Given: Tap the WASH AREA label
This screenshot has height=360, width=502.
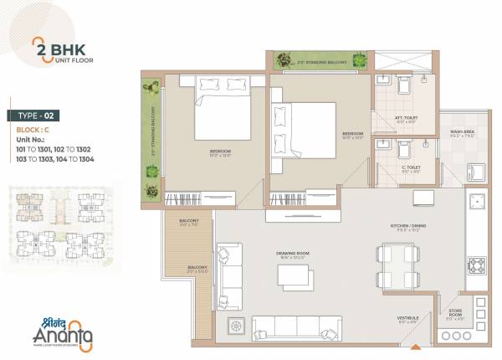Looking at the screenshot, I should point(462,134).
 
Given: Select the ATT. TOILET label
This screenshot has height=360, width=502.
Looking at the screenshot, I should point(406,120).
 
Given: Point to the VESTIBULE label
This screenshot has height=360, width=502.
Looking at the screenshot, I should point(408,320).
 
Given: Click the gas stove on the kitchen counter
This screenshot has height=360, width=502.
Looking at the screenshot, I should point(479,267).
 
